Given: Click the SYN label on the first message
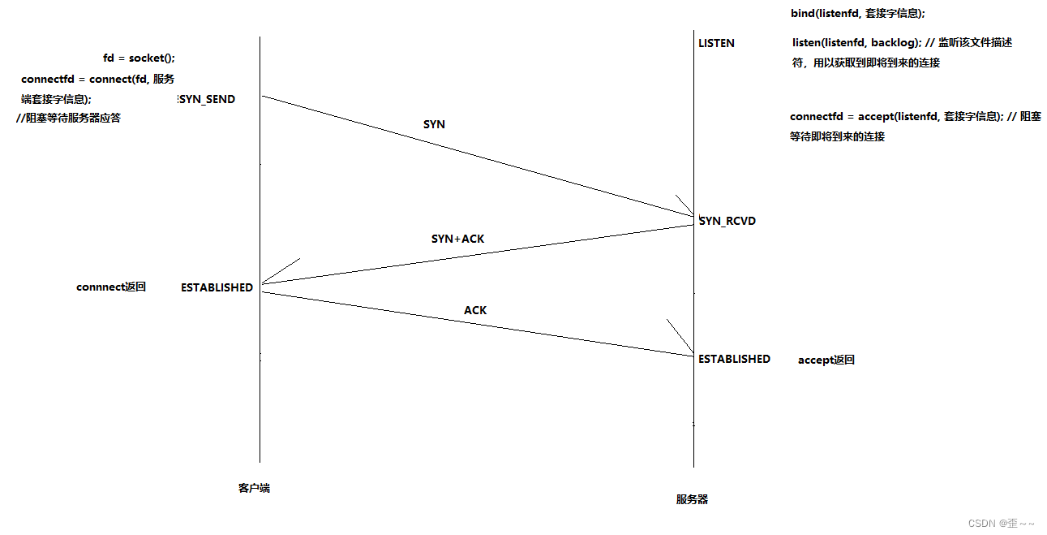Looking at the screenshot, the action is pos(434,124).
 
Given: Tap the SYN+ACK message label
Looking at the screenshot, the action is pos(457,239).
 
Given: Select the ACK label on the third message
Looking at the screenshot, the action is pos(475,310).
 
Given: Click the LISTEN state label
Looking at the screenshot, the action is pos(716,43).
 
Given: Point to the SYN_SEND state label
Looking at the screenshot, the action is pos(207,99).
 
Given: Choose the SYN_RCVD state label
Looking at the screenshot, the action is pos(727,221).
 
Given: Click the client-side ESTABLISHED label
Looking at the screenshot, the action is pos(217,287).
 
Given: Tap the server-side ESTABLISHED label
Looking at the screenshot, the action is pos(734,359).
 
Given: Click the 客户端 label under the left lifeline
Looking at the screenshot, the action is pos(254,488).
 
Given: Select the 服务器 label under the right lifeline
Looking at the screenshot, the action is pos(692,499).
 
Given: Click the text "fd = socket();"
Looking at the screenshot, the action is pos(139,58).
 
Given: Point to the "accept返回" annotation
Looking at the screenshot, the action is pos(826,360).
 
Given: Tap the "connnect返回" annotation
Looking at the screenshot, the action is pos(111,287).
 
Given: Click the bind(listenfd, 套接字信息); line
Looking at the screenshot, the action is pos(857,14).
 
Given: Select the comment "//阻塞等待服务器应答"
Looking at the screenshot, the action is pos(68,118).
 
